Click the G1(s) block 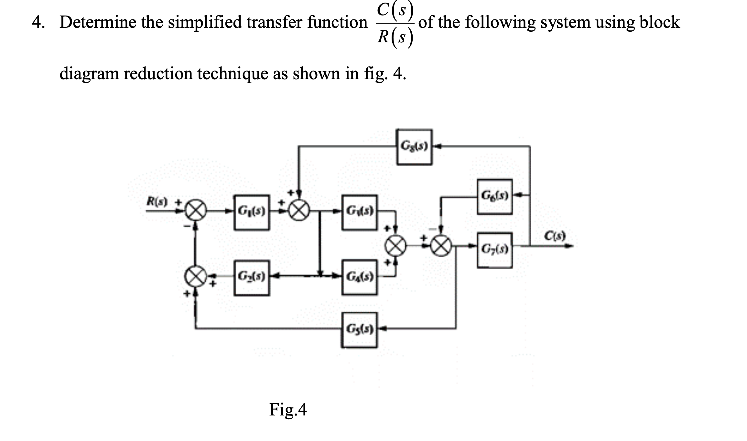pos(252,212)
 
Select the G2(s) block pos(252,277)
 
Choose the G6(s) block pos(494,196)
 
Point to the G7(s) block pos(494,250)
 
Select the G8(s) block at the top pos(414,147)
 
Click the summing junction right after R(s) pos(195,212)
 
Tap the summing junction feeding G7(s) pos(441,246)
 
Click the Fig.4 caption pos(288,410)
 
